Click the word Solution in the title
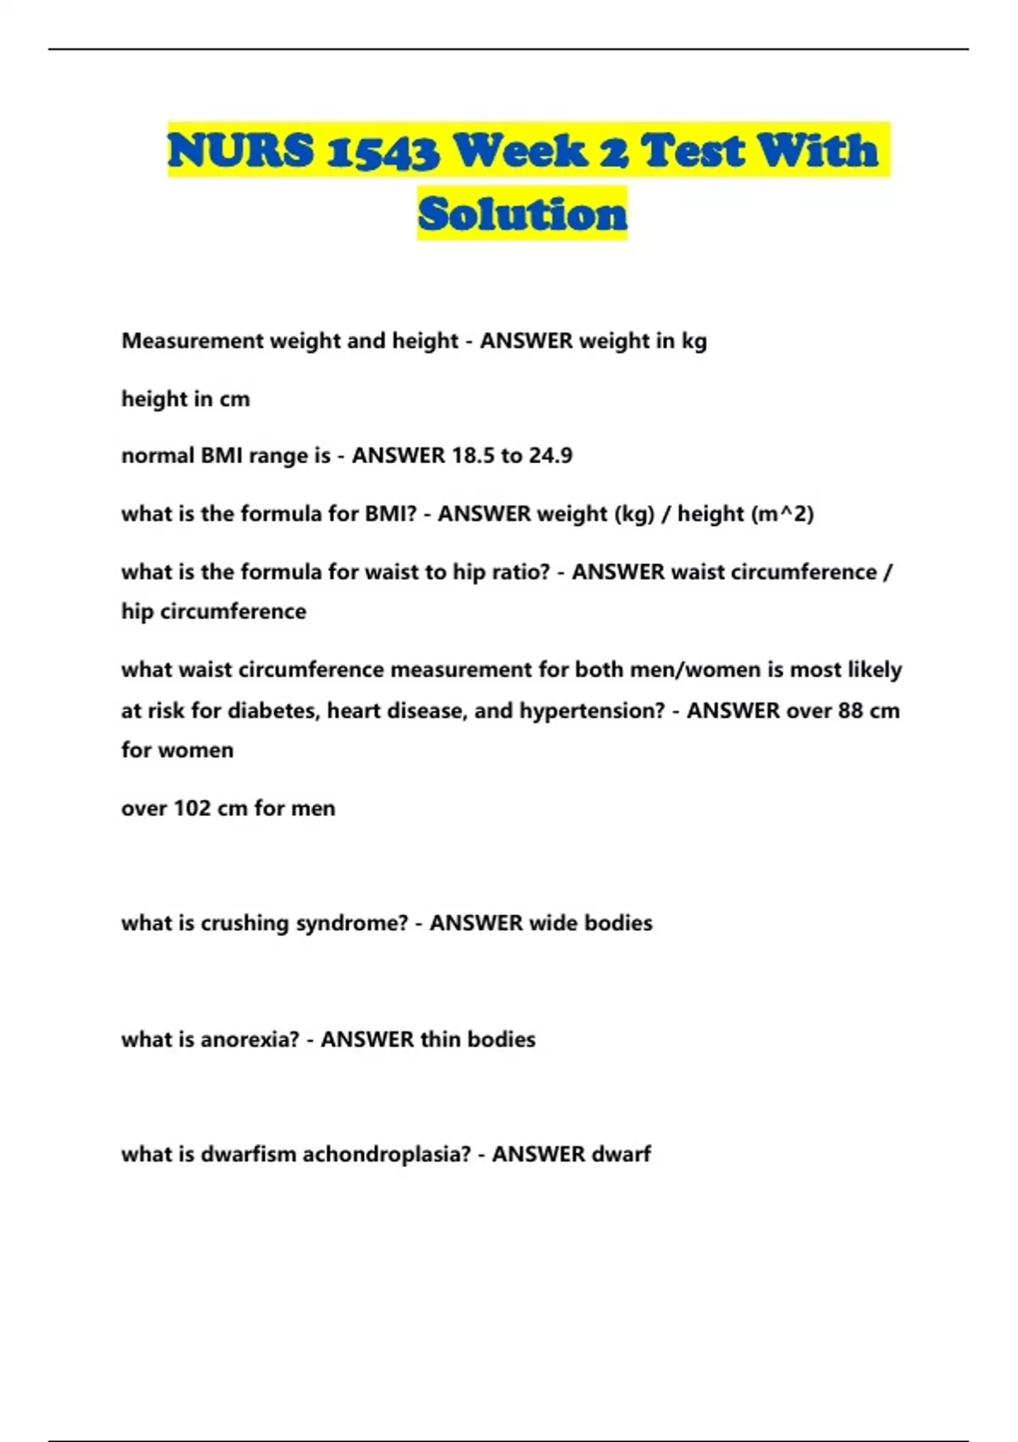pos(522,213)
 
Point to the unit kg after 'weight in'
pos(694,342)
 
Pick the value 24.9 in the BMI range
pos(551,456)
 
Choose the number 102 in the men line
pos(192,808)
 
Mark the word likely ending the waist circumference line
pos(873,670)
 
